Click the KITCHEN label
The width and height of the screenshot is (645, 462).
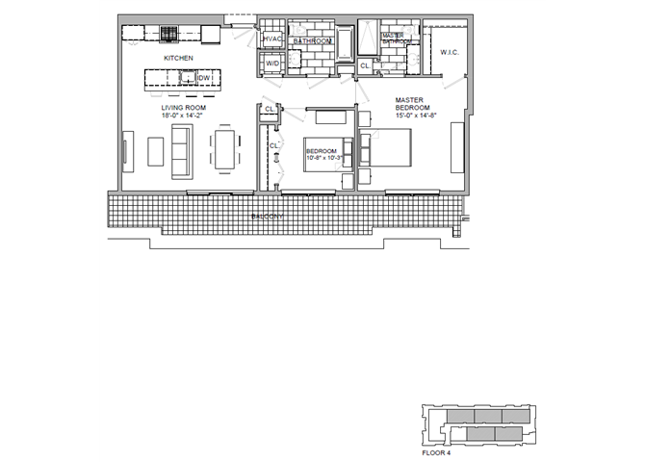point(178,59)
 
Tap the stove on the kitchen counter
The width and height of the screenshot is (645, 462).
point(168,37)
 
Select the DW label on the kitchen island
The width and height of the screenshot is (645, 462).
point(204,77)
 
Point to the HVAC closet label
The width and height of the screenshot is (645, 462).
point(272,39)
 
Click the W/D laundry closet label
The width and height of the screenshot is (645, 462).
point(272,64)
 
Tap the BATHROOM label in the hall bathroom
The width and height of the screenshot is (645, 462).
point(312,42)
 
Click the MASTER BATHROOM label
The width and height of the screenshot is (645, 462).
point(396,38)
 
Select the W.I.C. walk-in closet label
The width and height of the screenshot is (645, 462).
point(448,52)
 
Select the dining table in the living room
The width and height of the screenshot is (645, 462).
point(224,151)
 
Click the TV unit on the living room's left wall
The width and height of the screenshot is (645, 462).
point(125,152)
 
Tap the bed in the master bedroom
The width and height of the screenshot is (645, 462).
point(388,152)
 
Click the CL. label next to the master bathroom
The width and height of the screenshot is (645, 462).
point(364,65)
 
